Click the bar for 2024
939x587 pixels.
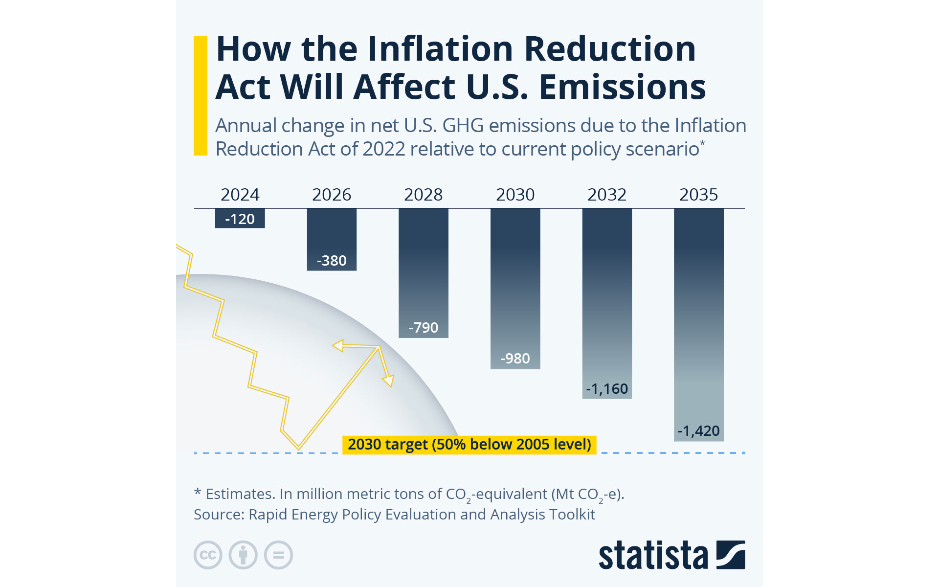(x=240, y=218)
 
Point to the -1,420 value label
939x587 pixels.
(x=698, y=431)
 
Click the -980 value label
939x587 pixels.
(x=515, y=359)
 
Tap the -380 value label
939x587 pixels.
(x=332, y=261)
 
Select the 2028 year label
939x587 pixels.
(x=423, y=195)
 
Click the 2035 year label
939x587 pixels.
(x=698, y=195)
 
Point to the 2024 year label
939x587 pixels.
(x=240, y=195)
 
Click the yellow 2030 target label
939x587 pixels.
(x=469, y=445)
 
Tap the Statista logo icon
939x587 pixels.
(x=731, y=555)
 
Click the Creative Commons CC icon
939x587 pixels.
(x=208, y=555)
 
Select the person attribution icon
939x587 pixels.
(x=243, y=555)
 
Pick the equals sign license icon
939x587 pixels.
(x=278, y=555)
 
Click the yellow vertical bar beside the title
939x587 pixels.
(x=201, y=95)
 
